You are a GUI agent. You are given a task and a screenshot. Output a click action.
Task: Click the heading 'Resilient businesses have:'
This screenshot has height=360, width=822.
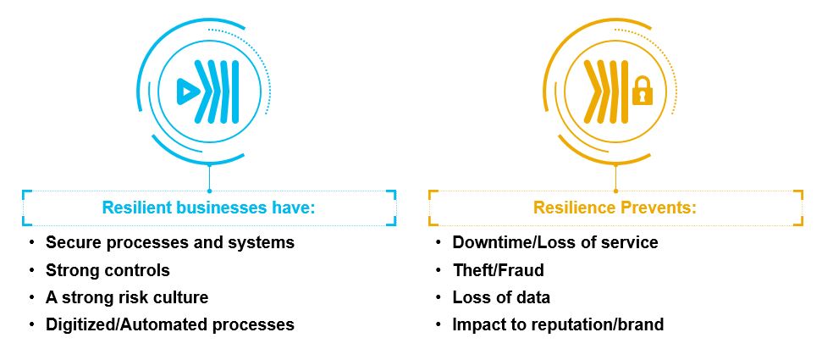(x=208, y=208)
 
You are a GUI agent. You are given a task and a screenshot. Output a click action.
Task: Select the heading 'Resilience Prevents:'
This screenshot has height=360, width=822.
(x=615, y=208)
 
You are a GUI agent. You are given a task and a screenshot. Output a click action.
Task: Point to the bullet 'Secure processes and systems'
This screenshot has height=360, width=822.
(x=169, y=242)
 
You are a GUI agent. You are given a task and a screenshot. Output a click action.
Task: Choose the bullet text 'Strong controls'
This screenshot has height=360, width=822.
(x=108, y=270)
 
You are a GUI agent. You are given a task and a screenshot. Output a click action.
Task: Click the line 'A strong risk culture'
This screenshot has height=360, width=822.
(x=126, y=297)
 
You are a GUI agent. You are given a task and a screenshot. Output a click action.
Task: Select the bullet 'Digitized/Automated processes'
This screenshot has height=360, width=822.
(x=169, y=324)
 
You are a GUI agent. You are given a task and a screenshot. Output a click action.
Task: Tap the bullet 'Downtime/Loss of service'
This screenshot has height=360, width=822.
(x=554, y=242)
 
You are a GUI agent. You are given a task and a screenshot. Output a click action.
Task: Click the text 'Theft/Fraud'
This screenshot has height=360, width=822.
(x=498, y=270)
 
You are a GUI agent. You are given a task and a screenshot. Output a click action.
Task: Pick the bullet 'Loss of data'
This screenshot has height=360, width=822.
(x=501, y=297)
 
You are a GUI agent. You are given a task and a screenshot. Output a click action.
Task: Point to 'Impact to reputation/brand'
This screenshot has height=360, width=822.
(x=558, y=324)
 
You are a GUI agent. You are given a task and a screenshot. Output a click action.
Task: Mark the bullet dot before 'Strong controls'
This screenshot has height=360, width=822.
(x=32, y=270)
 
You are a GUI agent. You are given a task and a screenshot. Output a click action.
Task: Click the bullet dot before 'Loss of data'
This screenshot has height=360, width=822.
(x=439, y=297)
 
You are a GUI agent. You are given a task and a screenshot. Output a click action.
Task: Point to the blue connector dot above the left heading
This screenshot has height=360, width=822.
(x=209, y=191)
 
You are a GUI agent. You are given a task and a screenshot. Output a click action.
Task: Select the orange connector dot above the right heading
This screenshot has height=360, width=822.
(x=615, y=191)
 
